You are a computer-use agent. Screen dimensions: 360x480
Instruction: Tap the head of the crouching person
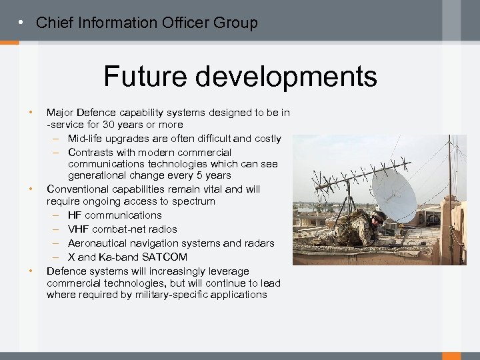click(x=378, y=217)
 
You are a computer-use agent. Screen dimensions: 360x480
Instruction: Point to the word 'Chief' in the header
click(x=53, y=23)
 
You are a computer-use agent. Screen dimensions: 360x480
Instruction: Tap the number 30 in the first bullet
click(x=108, y=125)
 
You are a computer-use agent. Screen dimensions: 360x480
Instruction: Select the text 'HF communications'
click(x=115, y=215)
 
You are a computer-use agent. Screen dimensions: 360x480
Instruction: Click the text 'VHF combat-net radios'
click(x=122, y=229)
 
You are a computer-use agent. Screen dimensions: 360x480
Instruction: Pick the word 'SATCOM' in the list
click(x=165, y=257)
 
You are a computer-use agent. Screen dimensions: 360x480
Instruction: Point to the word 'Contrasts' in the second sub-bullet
click(x=90, y=153)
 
